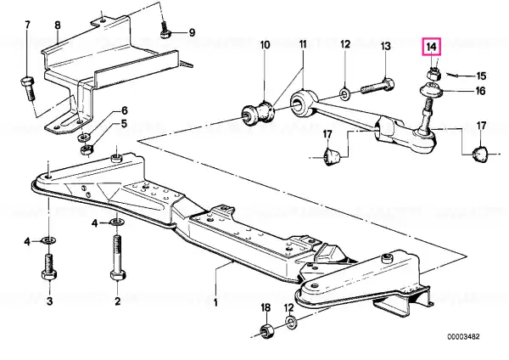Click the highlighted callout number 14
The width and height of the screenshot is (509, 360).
[x=432, y=47]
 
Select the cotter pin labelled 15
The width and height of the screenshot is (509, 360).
[x=452, y=75]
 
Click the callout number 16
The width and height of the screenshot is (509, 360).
[x=480, y=91]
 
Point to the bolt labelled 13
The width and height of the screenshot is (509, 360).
[x=378, y=87]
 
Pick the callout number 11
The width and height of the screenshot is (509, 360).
[x=303, y=44]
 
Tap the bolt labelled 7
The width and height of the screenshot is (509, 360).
[x=28, y=87]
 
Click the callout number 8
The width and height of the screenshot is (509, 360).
[x=58, y=25]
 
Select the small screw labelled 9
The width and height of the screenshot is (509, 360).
[x=165, y=29]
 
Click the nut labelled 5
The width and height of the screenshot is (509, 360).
[x=87, y=150]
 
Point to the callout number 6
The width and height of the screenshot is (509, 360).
[x=125, y=110]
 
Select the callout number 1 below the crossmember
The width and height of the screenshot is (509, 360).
[x=215, y=303]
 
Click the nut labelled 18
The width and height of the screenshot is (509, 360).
[x=267, y=331]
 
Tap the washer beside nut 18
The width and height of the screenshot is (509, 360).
[x=291, y=322]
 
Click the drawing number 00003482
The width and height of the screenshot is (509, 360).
[x=463, y=336]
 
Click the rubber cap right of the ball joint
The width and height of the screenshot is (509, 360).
[x=480, y=155]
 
